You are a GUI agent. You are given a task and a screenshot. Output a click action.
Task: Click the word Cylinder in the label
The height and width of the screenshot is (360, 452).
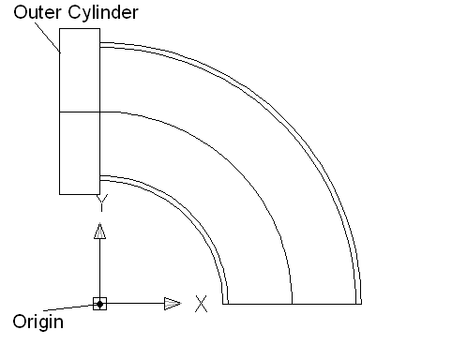(x=103, y=12)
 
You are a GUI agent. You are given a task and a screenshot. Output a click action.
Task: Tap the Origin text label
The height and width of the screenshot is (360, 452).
(x=38, y=322)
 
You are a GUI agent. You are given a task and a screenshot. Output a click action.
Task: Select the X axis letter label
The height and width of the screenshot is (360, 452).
(x=201, y=304)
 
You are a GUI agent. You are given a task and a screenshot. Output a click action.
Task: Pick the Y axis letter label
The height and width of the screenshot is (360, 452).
(x=102, y=202)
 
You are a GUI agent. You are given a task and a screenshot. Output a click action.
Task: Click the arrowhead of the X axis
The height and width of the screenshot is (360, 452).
(x=173, y=304)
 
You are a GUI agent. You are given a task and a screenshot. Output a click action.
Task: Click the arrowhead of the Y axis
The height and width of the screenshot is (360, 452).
(x=100, y=231)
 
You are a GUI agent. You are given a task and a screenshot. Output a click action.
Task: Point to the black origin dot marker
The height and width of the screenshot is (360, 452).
(x=99, y=304)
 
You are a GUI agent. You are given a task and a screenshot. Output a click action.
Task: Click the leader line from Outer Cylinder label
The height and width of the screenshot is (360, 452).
(x=48, y=37)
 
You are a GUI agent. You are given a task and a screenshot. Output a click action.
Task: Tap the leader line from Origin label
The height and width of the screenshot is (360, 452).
(x=68, y=307)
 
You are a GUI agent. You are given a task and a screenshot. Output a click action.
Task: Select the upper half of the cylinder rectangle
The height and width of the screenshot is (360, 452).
(x=80, y=70)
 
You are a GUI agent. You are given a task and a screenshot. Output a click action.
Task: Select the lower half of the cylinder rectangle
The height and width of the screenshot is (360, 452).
(x=80, y=153)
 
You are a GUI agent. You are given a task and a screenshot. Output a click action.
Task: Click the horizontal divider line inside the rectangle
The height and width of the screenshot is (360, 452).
(x=80, y=112)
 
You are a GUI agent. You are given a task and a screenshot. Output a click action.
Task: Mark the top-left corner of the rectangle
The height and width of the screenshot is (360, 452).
(x=59, y=29)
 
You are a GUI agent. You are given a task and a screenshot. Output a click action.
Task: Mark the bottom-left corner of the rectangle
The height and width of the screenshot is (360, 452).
(x=59, y=194)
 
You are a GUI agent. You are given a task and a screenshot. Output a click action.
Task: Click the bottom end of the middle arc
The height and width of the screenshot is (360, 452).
(x=292, y=304)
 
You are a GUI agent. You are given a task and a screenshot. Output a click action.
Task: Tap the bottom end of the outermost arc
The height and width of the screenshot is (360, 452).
(x=361, y=304)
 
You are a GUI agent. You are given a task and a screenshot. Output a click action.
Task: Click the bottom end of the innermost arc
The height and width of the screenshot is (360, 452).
(x=223, y=304)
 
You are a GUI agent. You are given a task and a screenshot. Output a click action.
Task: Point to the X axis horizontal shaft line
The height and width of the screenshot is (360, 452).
(x=135, y=303)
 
